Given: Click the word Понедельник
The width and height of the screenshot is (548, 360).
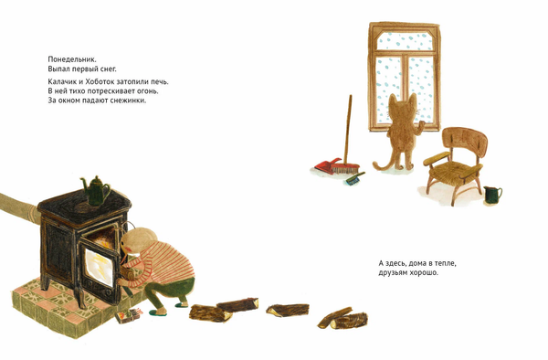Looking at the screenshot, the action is click(x=72, y=59).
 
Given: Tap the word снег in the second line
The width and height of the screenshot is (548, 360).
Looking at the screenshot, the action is click(x=109, y=69).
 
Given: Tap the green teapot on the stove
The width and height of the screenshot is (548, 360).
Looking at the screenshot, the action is click(x=95, y=190).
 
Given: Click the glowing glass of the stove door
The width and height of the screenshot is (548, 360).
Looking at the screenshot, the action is click(x=99, y=266).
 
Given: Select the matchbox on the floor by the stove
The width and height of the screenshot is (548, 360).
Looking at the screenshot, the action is click(x=128, y=315).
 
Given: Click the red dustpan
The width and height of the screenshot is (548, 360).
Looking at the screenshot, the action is click(x=327, y=165).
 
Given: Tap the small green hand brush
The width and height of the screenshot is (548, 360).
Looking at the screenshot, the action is click(x=355, y=178).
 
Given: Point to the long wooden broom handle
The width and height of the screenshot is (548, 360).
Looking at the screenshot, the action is click(x=348, y=129).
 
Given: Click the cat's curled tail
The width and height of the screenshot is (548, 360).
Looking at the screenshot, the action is click(x=384, y=164).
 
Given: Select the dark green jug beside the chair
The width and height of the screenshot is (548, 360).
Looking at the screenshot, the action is click(x=492, y=195).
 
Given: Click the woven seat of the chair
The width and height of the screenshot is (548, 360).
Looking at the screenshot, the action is click(x=452, y=169).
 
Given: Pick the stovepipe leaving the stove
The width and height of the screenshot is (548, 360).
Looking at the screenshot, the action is click(x=19, y=206).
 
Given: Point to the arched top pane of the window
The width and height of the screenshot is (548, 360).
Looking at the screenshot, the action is click(x=405, y=41).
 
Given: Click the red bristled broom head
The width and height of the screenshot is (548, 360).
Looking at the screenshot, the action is click(x=344, y=168).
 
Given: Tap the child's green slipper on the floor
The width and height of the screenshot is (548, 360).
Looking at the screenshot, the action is click(x=157, y=312).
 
